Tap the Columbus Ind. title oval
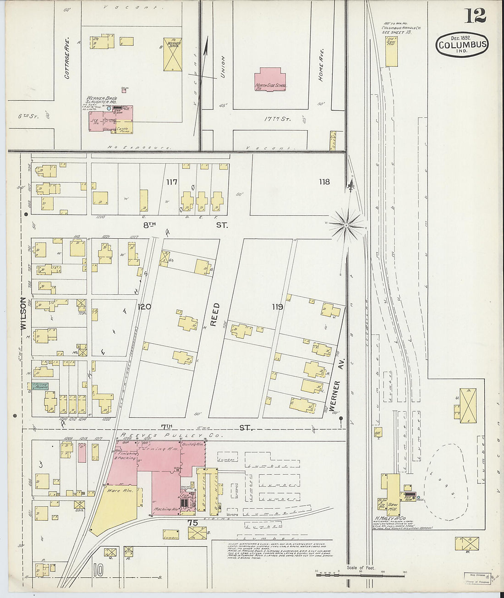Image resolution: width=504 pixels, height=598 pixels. tap(462, 45)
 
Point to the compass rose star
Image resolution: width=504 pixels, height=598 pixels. tap(347, 225)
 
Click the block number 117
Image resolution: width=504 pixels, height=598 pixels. tap(172, 182)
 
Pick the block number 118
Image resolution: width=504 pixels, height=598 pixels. tap(324, 182)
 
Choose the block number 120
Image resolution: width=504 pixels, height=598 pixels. tap(144, 307)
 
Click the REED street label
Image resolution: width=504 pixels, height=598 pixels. tap(215, 314)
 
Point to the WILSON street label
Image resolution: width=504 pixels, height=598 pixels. tap(22, 314)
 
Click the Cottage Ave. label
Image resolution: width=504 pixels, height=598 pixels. tap(67, 64)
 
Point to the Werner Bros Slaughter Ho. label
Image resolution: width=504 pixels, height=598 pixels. tap(102, 100)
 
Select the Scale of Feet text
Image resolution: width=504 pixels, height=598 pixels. tap(361, 568)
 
